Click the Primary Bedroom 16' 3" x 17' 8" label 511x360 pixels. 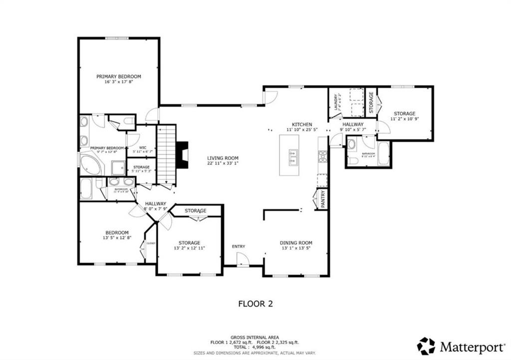(119, 79)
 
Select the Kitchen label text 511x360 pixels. (302, 127)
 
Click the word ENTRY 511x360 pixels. (239, 246)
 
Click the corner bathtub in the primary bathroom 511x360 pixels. (90, 165)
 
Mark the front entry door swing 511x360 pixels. (242, 259)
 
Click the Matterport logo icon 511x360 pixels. (426, 346)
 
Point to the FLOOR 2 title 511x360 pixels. (255, 303)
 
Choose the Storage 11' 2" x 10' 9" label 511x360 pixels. (404, 116)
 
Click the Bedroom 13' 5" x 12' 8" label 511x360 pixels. (117, 235)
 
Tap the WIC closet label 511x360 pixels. (142, 150)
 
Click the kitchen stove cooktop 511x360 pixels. (322, 157)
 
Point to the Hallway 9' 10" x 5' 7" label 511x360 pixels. (352, 127)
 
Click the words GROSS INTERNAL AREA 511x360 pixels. (255, 337)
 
